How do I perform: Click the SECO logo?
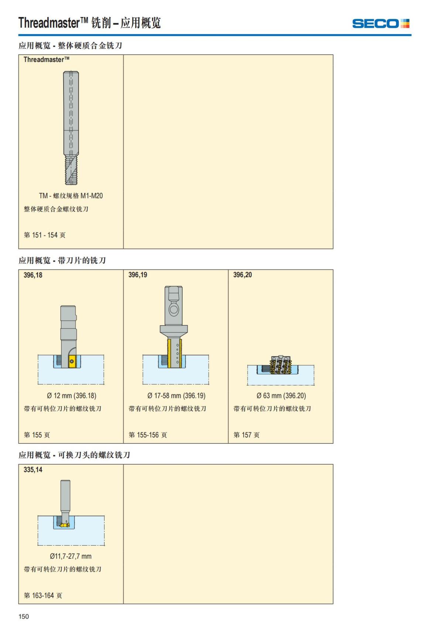point(381,24)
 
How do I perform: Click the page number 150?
point(24,616)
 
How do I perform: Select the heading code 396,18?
point(33,275)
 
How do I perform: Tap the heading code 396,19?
point(138,275)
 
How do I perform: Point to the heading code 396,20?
point(243,275)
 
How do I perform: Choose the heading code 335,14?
point(33,469)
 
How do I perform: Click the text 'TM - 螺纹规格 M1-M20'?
point(71,196)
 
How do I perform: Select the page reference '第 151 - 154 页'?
point(45,235)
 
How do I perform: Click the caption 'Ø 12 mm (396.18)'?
point(72,395)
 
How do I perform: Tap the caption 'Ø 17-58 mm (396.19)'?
point(176,395)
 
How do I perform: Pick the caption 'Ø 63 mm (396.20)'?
point(281,395)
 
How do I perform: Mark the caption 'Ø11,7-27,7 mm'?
point(71,556)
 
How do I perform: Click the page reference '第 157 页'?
point(246,435)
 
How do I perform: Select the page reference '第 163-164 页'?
point(43,595)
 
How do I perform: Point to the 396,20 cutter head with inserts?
point(281,365)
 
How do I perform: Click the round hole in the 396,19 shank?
point(174,310)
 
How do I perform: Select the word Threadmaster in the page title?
point(49,23)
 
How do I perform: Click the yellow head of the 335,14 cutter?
point(65,525)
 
